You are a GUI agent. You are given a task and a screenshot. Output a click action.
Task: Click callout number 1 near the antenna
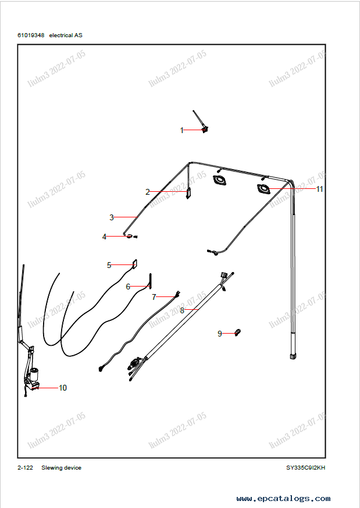point(181,131)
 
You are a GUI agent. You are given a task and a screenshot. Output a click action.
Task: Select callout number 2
point(148,192)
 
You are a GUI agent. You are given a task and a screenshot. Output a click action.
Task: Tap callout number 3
point(112,218)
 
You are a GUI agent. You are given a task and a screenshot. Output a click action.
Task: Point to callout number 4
point(105,237)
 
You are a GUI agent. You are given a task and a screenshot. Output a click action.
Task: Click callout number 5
point(109,265)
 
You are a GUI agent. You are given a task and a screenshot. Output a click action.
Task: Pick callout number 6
point(128,287)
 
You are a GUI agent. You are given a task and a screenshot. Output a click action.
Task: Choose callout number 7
point(154,297)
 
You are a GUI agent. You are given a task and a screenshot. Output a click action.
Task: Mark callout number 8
point(182,310)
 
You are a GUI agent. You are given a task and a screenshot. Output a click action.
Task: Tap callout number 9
point(220,334)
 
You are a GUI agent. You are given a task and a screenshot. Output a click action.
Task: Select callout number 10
point(63,388)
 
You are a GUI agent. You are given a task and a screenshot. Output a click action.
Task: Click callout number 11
point(319,189)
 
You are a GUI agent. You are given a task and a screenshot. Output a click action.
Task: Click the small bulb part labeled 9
point(237,332)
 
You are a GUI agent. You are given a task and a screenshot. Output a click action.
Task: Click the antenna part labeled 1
point(201,122)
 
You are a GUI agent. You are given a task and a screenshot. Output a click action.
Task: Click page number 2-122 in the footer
point(25,468)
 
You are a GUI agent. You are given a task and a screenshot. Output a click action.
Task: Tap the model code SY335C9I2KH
point(305,468)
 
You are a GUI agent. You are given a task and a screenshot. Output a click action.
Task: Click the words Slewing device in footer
point(61,468)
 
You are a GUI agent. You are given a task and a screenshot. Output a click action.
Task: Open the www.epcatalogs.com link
point(283,499)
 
